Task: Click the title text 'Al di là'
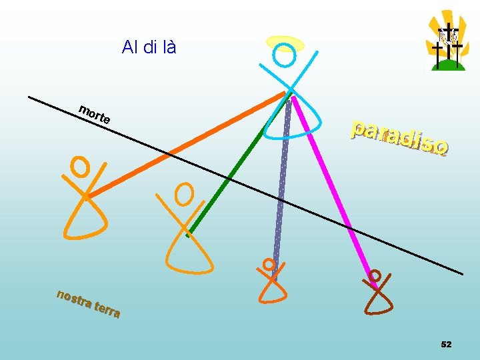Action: tap(149, 47)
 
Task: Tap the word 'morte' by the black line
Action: tap(94, 115)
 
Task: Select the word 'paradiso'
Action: tap(399, 138)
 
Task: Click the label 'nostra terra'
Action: tap(88, 304)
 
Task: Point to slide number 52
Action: tap(446, 344)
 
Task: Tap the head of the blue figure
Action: tap(285, 55)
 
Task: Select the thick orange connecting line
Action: tap(187, 145)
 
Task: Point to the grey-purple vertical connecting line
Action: tap(282, 180)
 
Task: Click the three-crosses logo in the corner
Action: tap(447, 43)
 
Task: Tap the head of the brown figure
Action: tap(375, 275)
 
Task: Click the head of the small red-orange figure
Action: tap(269, 264)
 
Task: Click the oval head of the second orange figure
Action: tap(183, 193)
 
